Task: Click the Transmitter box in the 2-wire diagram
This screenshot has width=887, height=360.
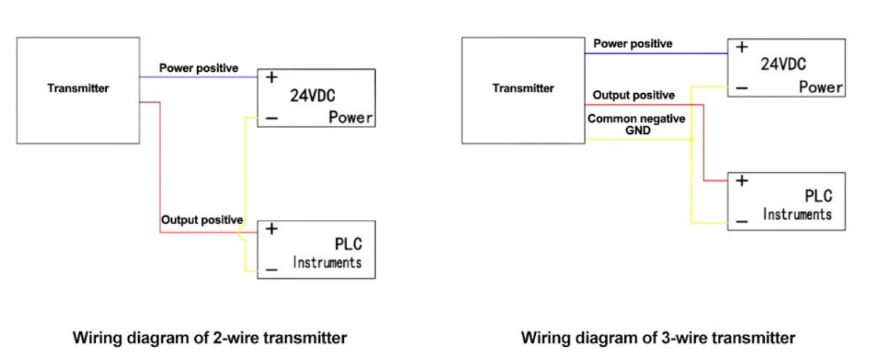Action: tap(78, 89)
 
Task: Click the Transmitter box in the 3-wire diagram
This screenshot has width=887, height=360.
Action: tap(523, 89)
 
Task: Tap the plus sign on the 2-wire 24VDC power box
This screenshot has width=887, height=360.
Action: tap(270, 77)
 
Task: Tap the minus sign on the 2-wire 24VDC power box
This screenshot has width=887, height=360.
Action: tap(270, 119)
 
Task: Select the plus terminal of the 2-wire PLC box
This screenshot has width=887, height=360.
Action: tap(271, 229)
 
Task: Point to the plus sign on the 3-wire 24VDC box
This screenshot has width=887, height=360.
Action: tap(741, 47)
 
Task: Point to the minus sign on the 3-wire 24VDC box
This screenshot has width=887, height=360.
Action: tap(741, 88)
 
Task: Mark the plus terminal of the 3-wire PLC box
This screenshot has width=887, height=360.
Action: tap(741, 181)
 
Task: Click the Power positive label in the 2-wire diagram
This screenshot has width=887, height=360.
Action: tap(198, 68)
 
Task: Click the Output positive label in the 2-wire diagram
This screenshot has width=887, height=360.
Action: tap(201, 219)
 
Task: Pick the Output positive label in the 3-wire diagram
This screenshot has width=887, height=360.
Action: tap(633, 95)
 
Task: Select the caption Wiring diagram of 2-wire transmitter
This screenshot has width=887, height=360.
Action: tap(209, 338)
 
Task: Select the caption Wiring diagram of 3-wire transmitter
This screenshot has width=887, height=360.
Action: tap(658, 338)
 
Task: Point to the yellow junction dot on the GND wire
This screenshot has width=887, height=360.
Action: tap(691, 140)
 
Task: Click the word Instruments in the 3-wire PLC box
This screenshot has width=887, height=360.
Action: tap(797, 215)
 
